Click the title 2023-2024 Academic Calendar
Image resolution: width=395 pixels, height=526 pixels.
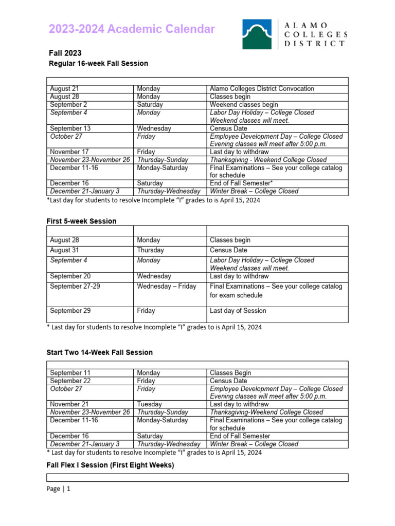click(132, 29)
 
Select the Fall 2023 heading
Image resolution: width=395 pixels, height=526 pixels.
click(65, 53)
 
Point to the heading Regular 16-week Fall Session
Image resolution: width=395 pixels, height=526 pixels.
click(98, 64)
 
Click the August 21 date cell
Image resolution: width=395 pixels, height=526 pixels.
click(64, 89)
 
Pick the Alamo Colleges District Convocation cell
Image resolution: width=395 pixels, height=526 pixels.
click(262, 89)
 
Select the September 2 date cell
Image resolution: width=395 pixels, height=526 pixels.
click(68, 105)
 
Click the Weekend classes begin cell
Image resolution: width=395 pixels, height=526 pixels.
click(244, 105)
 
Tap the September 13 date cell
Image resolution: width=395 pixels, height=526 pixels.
click(70, 128)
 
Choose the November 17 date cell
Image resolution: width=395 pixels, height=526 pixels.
click(69, 152)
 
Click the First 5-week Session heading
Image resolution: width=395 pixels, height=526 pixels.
click(82, 221)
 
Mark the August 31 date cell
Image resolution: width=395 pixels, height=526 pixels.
click(64, 250)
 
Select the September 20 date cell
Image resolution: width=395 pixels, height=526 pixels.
click(70, 276)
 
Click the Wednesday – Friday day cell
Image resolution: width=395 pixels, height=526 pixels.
click(167, 286)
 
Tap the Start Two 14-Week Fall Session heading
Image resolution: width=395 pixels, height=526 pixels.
click(100, 352)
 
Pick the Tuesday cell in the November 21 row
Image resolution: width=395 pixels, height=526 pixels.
click(149, 404)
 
